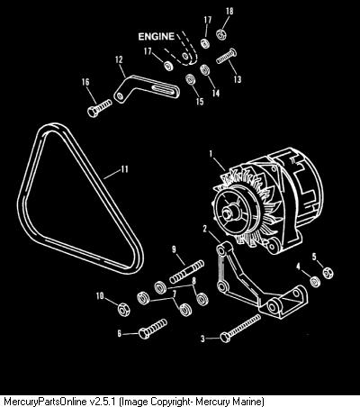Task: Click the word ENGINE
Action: [156, 37]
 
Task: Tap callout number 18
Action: [229, 12]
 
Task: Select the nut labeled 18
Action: [221, 33]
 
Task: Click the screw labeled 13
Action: [226, 56]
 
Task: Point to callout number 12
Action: [119, 60]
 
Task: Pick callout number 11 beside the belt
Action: [124, 169]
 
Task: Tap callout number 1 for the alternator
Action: [211, 154]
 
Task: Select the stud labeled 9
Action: [187, 273]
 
